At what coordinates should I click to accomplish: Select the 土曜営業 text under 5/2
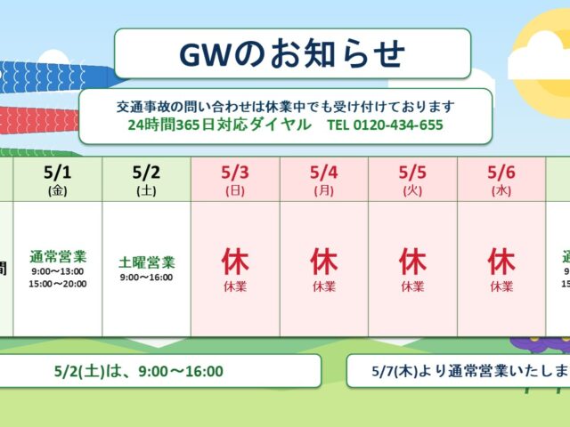pos(146,262)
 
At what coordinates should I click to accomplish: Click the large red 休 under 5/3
pos(235,262)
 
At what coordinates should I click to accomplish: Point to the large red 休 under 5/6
pos(501,262)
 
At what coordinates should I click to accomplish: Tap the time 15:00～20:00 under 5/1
pos(58,284)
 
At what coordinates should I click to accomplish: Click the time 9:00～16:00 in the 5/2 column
pos(146,278)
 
